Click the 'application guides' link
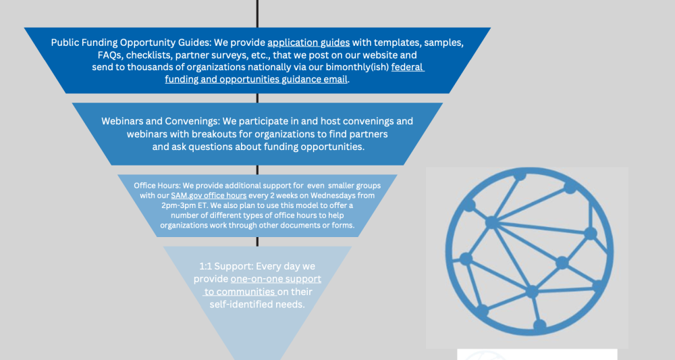[x=308, y=43]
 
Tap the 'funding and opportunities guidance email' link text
[x=256, y=79]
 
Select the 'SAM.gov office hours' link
[x=209, y=195]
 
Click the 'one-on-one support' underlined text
[x=276, y=279]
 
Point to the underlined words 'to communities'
[x=240, y=292]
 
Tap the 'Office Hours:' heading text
[x=157, y=186]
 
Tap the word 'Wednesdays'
[x=333, y=195]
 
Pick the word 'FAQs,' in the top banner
[x=110, y=55]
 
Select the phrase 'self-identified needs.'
[x=257, y=305]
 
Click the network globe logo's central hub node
[x=491, y=223]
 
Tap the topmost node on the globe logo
[x=520, y=175]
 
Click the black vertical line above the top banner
[x=257, y=14]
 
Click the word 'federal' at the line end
[x=408, y=67]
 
